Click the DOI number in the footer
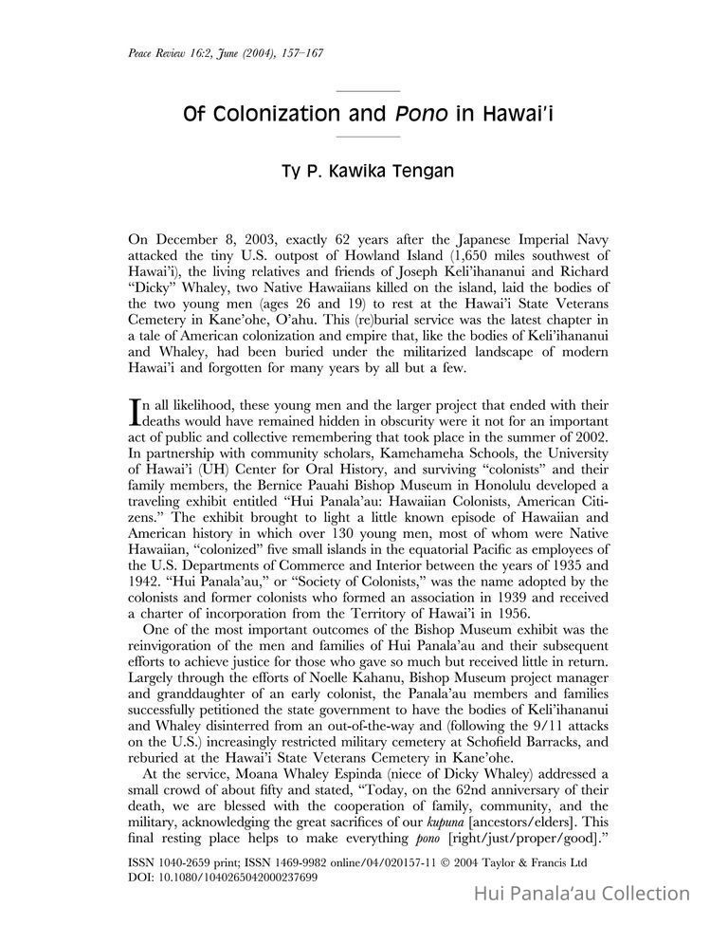click(x=238, y=878)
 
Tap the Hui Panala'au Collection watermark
click(x=581, y=893)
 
